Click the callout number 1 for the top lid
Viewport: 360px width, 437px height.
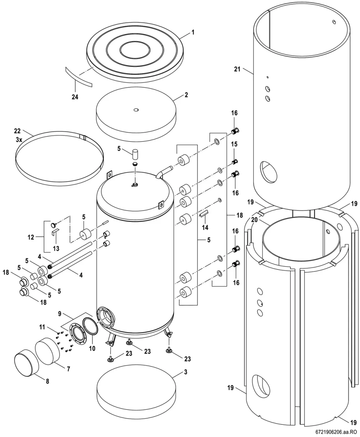point(193,32)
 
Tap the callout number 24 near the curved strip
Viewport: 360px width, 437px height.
point(75,97)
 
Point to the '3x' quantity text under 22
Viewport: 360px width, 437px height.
point(19,140)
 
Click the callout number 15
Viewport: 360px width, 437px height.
point(234,144)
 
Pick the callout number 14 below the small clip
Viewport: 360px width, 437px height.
point(205,227)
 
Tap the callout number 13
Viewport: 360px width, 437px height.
point(56,248)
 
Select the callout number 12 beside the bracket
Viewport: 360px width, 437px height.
point(31,237)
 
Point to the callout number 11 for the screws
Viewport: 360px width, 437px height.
point(42,327)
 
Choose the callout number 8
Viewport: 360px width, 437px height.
point(48,381)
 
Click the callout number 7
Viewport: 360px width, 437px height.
point(68,369)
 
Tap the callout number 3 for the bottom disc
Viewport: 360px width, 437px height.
point(186,372)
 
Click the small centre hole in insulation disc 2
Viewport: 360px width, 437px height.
point(136,110)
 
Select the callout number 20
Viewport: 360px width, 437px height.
point(254,220)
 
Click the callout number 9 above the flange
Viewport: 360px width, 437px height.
point(59,314)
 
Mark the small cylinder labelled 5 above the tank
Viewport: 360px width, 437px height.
point(135,154)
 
